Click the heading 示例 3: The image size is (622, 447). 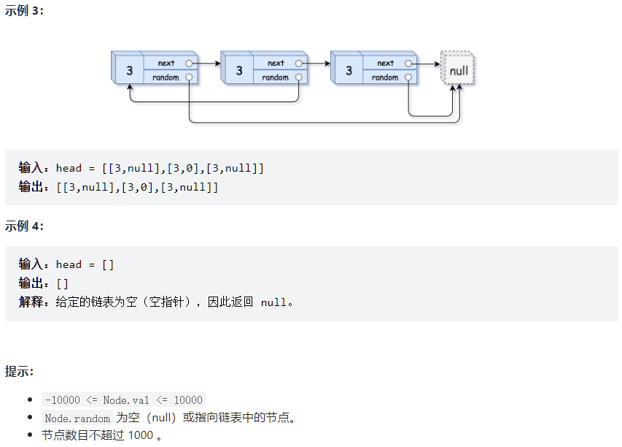pos(24,13)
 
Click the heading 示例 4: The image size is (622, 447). pos(24,226)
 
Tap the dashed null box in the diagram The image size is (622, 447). pos(459,71)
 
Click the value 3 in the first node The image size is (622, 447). pos(129,71)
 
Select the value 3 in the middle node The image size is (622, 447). pos(238,71)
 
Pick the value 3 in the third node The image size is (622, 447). pos(349,71)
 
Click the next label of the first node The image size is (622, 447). pos(166,64)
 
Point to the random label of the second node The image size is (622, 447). pos(275,77)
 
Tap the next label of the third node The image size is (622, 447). pos(386,64)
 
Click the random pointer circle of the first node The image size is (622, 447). pos(189,77)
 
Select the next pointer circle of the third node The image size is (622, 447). pos(408,64)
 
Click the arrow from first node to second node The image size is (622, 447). pos(207,64)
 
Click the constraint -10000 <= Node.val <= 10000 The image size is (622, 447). pos(124,400)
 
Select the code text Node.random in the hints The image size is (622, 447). pos(77,419)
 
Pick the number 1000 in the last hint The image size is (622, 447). pos(140,435)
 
